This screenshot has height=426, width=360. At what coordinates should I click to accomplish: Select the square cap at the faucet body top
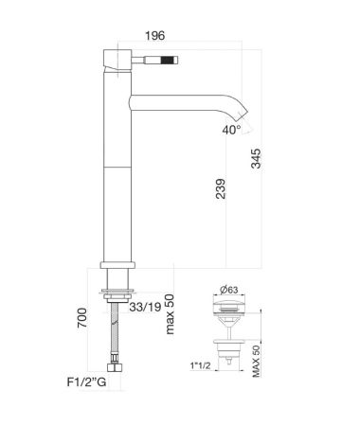[119, 55]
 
